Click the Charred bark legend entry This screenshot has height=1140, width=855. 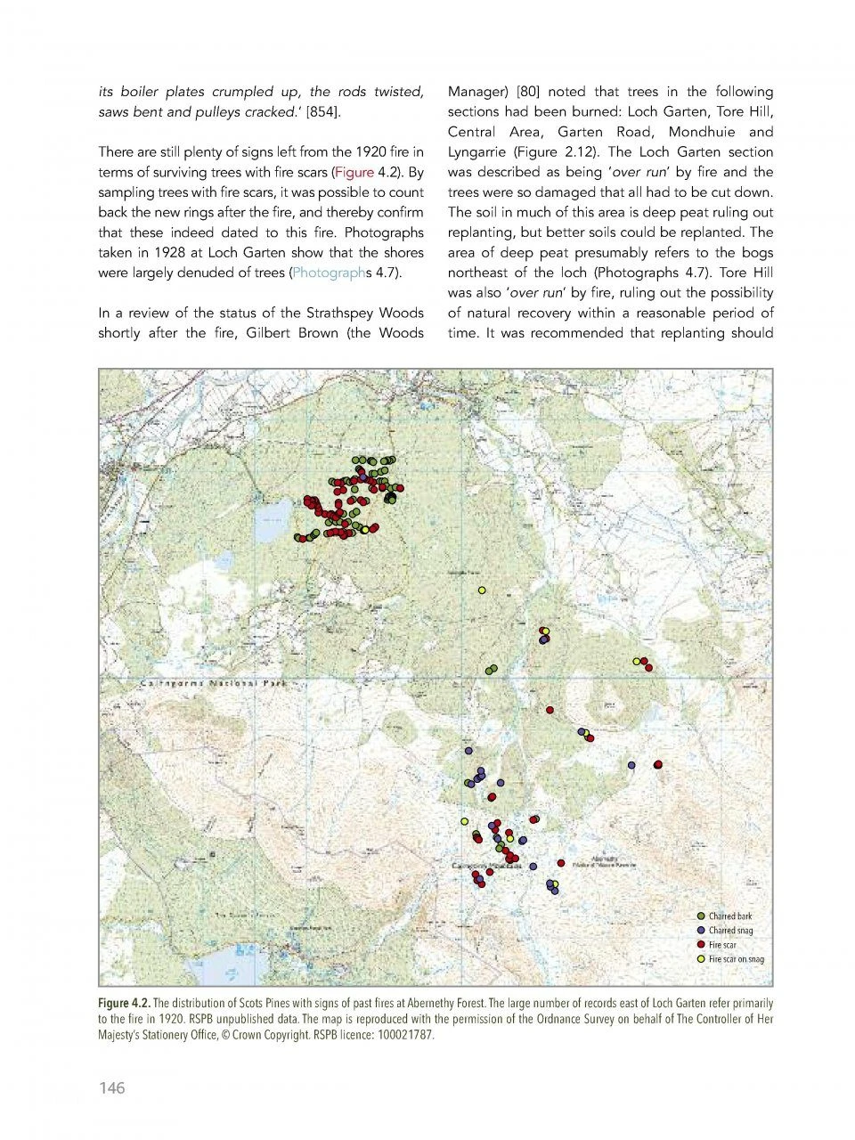729,916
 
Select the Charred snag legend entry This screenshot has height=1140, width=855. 730,931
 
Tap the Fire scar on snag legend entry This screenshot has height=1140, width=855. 736,959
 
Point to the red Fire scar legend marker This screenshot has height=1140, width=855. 702,945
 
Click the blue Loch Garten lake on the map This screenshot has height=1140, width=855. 272,521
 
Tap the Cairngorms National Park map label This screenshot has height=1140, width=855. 214,683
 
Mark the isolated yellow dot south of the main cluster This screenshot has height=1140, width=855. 482,590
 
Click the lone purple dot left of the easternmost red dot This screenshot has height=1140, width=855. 631,765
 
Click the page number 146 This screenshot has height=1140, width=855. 111,1087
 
